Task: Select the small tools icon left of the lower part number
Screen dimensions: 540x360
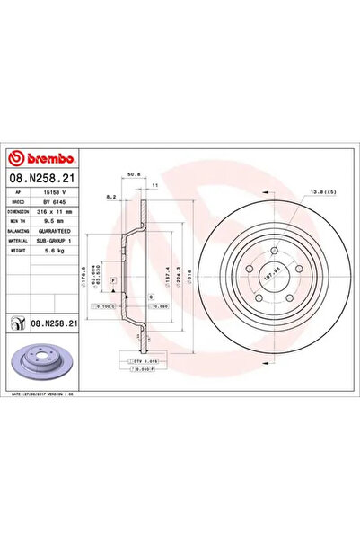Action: (17, 321)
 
